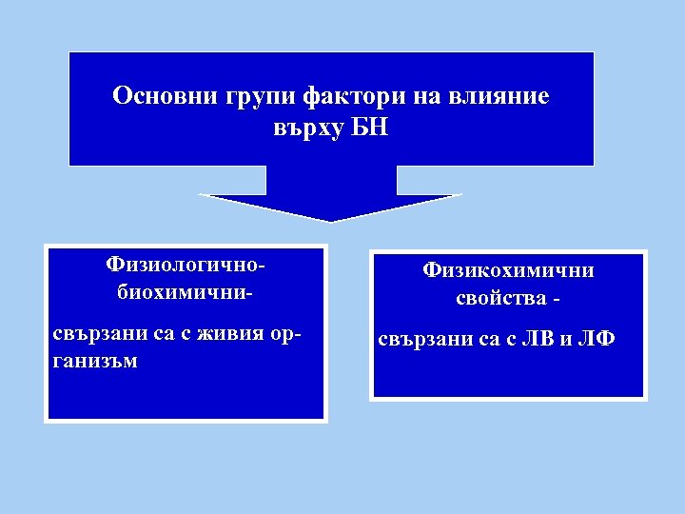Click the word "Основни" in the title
click(x=165, y=96)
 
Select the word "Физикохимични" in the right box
click(x=509, y=270)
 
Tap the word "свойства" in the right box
click(x=498, y=298)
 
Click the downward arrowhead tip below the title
click(x=330, y=219)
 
